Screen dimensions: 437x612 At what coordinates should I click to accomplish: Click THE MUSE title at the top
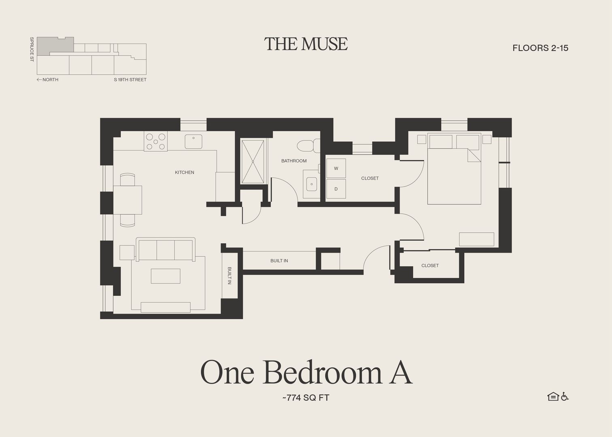click(x=306, y=44)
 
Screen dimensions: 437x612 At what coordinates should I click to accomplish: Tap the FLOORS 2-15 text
click(x=540, y=48)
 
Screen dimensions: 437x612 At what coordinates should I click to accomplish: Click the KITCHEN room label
click(x=184, y=172)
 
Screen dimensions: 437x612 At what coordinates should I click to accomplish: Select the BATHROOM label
click(x=294, y=161)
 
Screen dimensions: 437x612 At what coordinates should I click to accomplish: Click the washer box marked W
click(x=336, y=168)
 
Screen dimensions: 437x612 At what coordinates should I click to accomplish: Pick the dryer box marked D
click(x=336, y=189)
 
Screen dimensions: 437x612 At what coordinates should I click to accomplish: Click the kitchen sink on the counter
click(x=193, y=142)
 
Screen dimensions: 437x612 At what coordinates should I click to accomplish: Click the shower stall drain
click(x=253, y=161)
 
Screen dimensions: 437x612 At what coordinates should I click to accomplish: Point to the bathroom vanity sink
click(x=311, y=184)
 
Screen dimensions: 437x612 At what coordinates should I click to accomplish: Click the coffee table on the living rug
click(x=166, y=276)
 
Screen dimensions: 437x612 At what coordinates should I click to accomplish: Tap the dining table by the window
click(x=127, y=199)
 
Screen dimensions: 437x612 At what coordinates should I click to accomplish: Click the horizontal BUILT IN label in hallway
click(x=279, y=261)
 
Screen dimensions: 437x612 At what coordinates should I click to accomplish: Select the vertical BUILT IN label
click(x=229, y=276)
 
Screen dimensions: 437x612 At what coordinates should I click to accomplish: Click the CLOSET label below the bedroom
click(x=430, y=265)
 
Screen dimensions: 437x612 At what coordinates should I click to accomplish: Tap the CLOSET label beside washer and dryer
click(x=370, y=178)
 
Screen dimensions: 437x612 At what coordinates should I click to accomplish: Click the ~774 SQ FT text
click(x=306, y=398)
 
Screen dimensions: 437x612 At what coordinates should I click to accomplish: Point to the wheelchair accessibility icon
click(x=565, y=397)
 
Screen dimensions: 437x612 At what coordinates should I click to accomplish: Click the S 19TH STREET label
click(x=130, y=80)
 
